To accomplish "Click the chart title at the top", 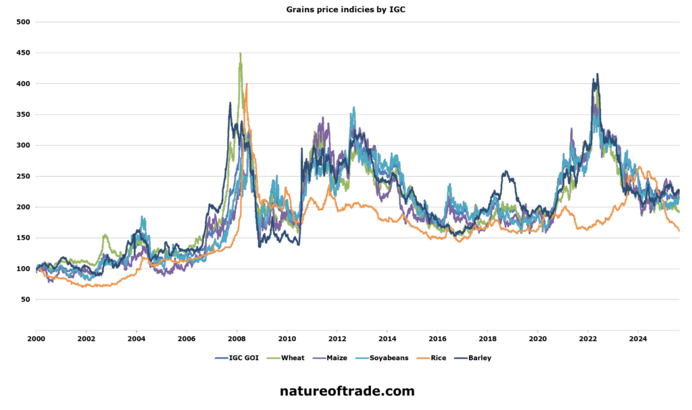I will [345, 9].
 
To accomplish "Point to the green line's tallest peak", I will [241, 54].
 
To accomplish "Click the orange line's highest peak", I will [247, 85].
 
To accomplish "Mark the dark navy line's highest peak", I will [596, 74].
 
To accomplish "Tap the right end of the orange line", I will [679, 230].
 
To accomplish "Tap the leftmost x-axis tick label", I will [37, 336].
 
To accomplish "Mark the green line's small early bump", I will [105, 236].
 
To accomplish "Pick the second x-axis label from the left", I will [87, 336].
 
